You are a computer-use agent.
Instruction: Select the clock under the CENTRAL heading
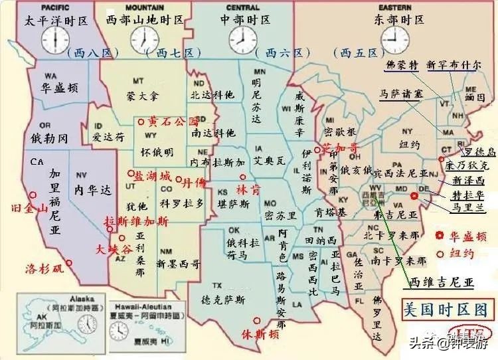pos(242,39)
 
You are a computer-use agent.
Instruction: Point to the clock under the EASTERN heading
pos(396,40)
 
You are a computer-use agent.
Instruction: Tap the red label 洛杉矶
pos(44,268)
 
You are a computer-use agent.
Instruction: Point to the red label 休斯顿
pos(260,333)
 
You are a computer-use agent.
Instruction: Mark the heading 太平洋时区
pos(57,20)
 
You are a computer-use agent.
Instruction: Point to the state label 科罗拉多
pos(181,203)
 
